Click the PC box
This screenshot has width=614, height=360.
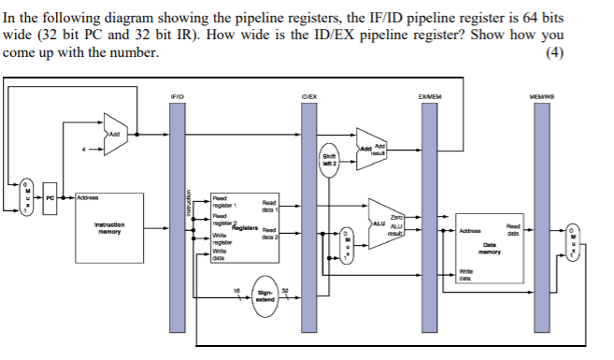pos(52,197)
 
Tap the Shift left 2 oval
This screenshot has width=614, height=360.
pos(330,160)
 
